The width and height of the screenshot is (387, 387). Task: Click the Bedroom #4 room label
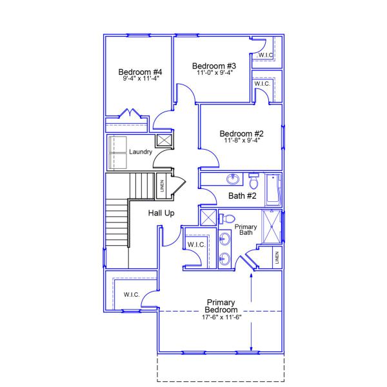(x=140, y=72)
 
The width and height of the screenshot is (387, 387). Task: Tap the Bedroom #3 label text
(x=214, y=66)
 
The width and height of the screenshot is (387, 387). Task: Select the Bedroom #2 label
(x=241, y=134)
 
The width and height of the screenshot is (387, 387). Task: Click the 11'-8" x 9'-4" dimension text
(x=241, y=141)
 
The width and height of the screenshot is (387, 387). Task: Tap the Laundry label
(x=140, y=152)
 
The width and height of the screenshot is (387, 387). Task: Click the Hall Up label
(x=161, y=213)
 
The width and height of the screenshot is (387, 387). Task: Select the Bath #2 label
(x=243, y=195)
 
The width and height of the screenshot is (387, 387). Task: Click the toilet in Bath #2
(x=253, y=177)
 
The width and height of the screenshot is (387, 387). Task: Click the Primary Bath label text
(x=246, y=229)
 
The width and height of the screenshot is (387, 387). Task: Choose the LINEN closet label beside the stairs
(x=161, y=185)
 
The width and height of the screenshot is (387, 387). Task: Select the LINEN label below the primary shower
(x=276, y=258)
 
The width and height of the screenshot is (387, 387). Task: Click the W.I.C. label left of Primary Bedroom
(x=132, y=295)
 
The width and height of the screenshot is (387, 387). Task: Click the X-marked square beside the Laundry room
(x=164, y=140)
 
